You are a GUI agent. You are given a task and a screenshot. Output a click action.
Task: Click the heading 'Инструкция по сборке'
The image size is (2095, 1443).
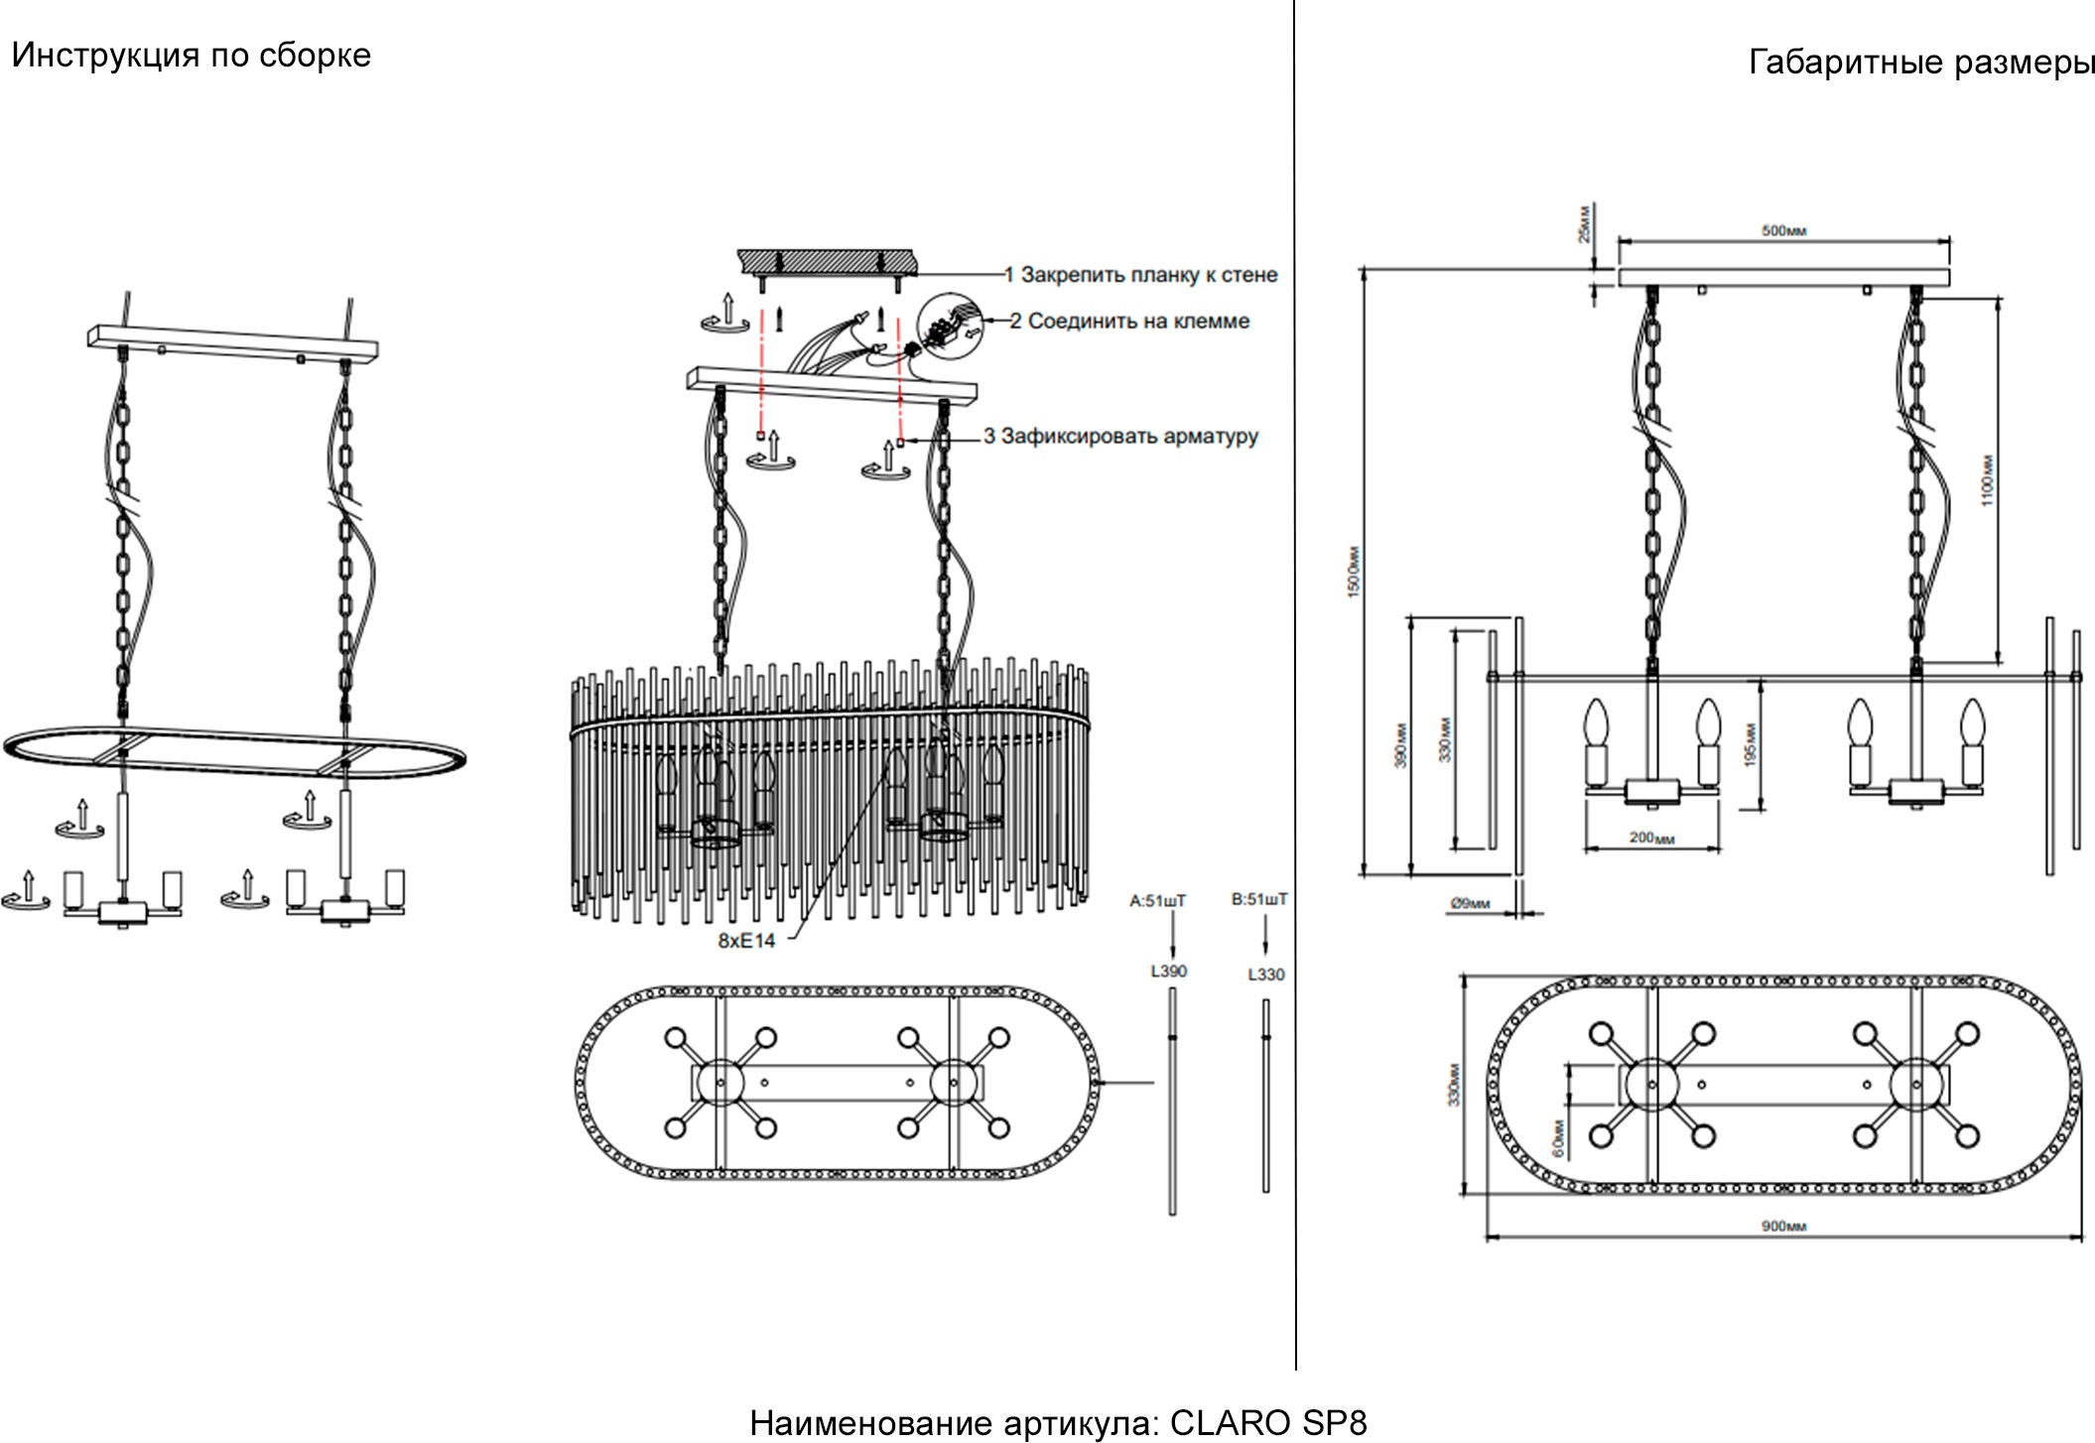click(x=191, y=56)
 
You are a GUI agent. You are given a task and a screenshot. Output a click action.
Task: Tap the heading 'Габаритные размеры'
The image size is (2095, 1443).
click(x=1920, y=63)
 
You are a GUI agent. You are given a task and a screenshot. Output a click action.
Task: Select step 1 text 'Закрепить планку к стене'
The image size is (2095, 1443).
click(x=1148, y=275)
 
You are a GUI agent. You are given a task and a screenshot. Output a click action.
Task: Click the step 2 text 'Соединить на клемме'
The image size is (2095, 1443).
click(x=1137, y=322)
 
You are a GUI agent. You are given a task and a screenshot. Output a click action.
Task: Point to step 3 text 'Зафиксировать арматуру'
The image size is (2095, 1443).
click(x=1128, y=437)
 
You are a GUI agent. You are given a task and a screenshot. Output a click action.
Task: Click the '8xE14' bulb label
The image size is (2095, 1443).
click(x=746, y=941)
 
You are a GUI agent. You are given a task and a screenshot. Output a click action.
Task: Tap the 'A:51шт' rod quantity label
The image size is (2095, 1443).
click(x=1157, y=901)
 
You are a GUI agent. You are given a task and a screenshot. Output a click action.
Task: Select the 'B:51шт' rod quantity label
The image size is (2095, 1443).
click(x=1258, y=899)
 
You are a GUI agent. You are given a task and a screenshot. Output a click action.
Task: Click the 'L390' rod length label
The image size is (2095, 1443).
click(x=1168, y=972)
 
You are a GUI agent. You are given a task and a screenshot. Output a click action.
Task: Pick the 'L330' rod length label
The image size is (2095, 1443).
click(x=1265, y=975)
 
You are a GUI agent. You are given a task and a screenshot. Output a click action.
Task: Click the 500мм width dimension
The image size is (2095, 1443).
click(x=1783, y=231)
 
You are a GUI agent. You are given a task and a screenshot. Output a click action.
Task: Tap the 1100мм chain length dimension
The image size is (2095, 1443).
click(x=1987, y=479)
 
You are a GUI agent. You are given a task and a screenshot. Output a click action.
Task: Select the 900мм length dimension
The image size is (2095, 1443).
click(x=1783, y=1227)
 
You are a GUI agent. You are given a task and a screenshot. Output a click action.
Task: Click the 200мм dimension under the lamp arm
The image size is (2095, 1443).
click(x=1651, y=839)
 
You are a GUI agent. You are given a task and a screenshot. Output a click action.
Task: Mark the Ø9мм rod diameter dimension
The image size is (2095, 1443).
click(x=1470, y=903)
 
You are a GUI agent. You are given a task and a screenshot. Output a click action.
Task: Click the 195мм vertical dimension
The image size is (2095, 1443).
click(x=1751, y=743)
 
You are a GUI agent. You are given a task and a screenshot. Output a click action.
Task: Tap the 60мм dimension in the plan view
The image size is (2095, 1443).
click(x=1557, y=1138)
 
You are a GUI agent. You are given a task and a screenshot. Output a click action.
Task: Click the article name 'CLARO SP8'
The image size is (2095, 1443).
click(x=1267, y=1423)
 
